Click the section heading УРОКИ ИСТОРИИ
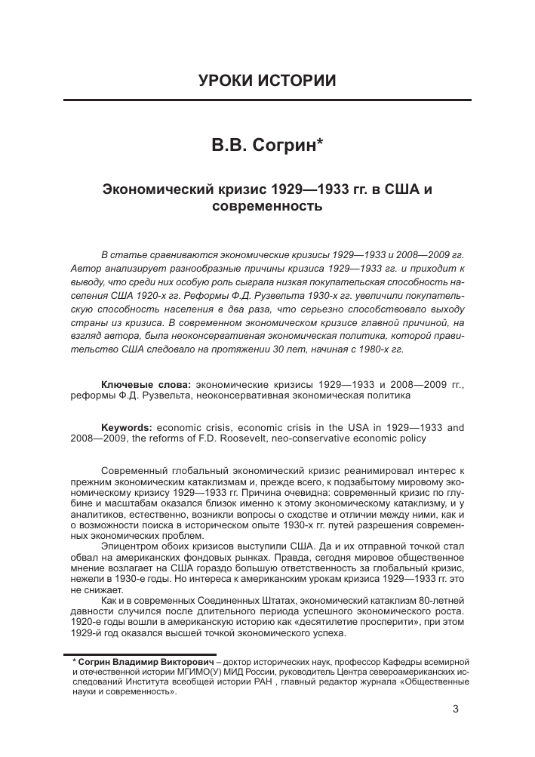pyautogui.click(x=267, y=81)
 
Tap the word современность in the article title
pyautogui.click(x=267, y=205)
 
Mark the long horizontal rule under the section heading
pyautogui.click(x=267, y=100)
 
